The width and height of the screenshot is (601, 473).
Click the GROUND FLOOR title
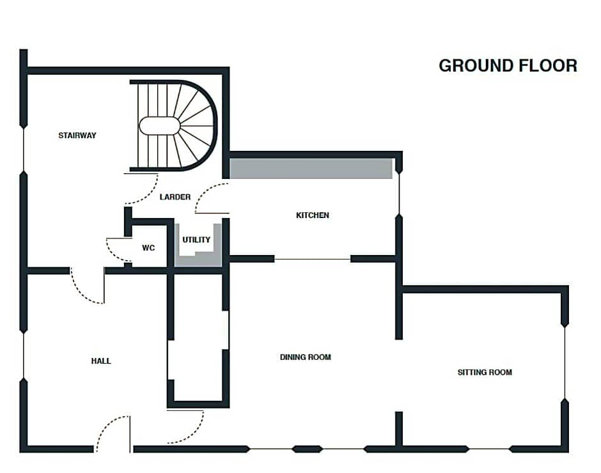click(508, 66)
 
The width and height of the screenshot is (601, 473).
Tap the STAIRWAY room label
click(77, 136)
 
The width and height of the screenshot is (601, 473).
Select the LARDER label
click(175, 197)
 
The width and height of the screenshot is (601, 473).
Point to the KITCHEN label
click(313, 215)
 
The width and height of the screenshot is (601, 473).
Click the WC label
click(148, 247)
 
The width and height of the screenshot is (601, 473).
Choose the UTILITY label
click(196, 240)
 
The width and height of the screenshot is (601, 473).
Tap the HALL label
click(101, 361)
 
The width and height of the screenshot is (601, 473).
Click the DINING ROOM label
click(306, 357)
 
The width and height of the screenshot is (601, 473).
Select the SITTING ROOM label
click(485, 372)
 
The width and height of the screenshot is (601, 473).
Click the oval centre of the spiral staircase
click(159, 126)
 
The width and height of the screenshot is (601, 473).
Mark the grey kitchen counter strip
click(311, 169)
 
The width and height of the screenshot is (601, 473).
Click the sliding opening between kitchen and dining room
click(313, 260)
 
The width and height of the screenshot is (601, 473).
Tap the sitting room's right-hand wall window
click(565, 362)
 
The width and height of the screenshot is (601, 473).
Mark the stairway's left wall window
click(24, 150)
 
